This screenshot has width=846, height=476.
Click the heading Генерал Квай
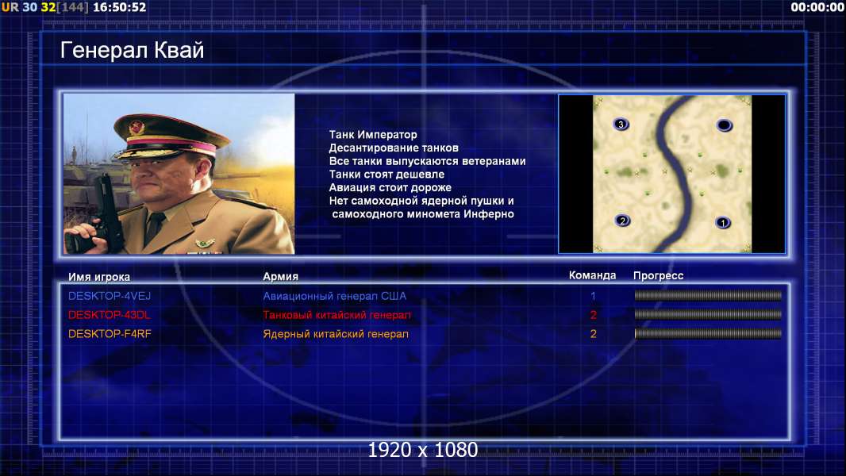click(x=133, y=50)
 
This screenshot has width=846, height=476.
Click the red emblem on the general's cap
click(x=137, y=127)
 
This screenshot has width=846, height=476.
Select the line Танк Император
click(x=373, y=135)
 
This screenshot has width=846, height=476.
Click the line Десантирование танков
click(x=394, y=148)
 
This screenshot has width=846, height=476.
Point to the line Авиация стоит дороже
click(x=390, y=187)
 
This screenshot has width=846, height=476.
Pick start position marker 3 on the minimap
click(x=621, y=125)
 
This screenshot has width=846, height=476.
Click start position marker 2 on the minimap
click(x=623, y=221)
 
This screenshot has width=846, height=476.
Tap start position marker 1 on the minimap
click(x=723, y=222)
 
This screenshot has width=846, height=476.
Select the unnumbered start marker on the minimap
click(x=724, y=125)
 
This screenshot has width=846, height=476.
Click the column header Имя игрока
click(x=98, y=277)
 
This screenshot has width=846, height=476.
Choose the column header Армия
click(x=281, y=277)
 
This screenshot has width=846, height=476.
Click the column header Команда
click(x=592, y=275)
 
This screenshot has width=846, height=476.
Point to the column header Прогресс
click(x=658, y=276)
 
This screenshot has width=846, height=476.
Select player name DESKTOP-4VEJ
click(x=110, y=296)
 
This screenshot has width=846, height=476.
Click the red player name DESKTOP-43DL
click(x=109, y=315)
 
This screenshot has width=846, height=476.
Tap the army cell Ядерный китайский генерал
click(x=336, y=334)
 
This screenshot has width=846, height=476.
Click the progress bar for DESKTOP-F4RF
click(x=708, y=334)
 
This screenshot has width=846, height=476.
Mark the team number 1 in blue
click(x=593, y=296)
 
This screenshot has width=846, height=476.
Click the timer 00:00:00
click(x=817, y=7)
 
